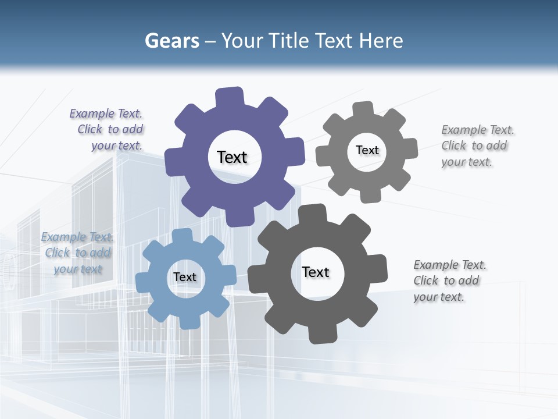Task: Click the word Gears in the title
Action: (x=171, y=41)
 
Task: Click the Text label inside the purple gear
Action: (x=232, y=157)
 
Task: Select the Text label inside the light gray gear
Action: (x=367, y=150)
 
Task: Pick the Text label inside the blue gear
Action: (x=184, y=277)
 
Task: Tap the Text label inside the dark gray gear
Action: (x=316, y=272)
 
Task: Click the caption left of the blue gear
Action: (x=77, y=253)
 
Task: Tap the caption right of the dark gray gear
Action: (x=449, y=281)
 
